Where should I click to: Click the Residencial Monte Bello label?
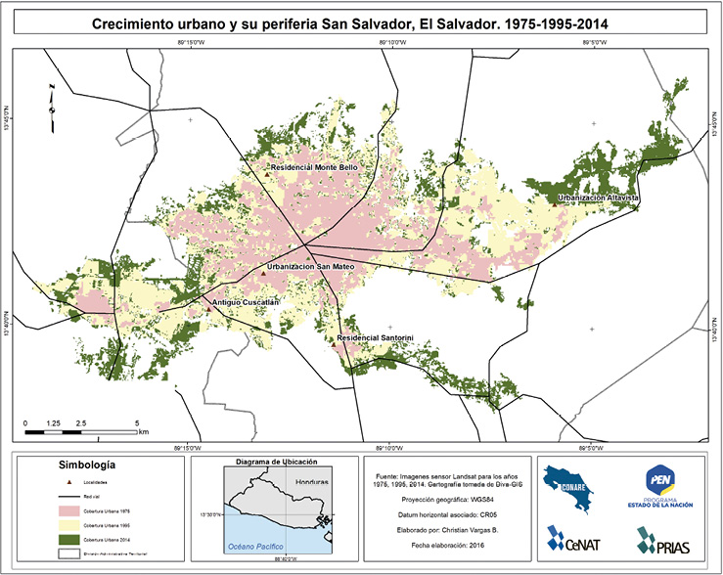click(x=313, y=167)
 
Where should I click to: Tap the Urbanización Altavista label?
click(x=598, y=198)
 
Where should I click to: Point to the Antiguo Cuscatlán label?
click(x=247, y=303)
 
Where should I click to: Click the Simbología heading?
click(x=88, y=463)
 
